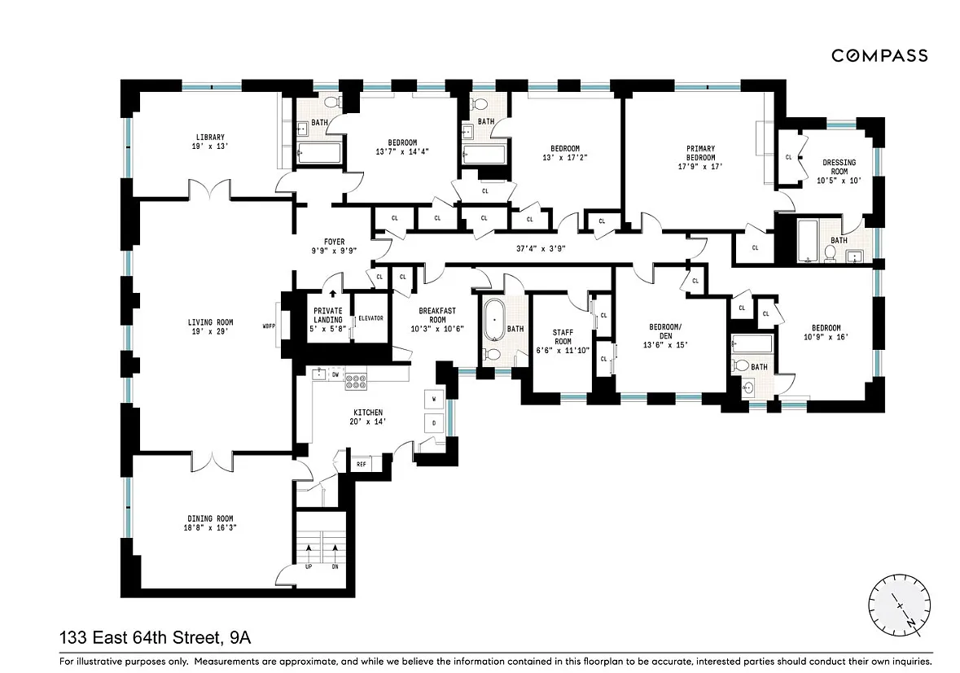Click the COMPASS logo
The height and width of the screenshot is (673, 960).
[x=879, y=55]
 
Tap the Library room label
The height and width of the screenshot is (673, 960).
[x=210, y=137]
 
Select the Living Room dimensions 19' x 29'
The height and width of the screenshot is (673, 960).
[x=210, y=331]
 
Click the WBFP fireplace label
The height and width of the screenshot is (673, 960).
[x=269, y=326]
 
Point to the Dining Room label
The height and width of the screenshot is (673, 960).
[x=210, y=519]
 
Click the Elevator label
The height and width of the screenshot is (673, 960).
[x=370, y=318]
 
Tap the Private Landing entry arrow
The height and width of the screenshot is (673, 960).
[x=332, y=294]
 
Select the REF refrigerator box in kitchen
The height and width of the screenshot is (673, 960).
[x=362, y=465]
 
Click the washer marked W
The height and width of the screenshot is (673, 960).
[x=434, y=400]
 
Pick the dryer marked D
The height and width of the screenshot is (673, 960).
[x=434, y=423]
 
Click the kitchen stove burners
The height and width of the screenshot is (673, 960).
[x=356, y=382]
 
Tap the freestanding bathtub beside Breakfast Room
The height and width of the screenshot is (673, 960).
[x=494, y=320]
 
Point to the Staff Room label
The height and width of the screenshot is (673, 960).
[x=563, y=337]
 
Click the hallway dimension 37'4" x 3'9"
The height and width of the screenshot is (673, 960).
[x=541, y=248]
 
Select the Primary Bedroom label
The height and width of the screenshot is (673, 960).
[x=700, y=153]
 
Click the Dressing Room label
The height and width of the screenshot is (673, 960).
[x=839, y=167]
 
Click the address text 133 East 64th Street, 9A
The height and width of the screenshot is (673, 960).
[x=155, y=638]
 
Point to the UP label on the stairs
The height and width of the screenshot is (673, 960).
[x=309, y=566]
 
